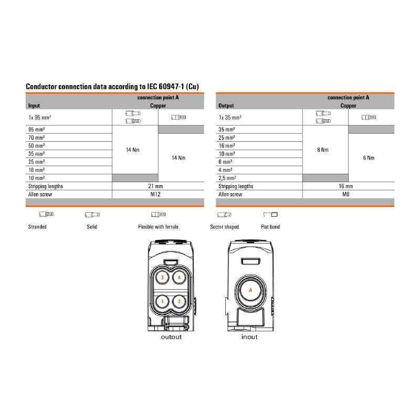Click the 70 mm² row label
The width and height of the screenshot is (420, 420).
(36, 137)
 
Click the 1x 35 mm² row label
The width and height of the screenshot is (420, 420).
(230, 118)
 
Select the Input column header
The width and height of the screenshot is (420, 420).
(34, 106)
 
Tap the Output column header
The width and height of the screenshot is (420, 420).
(226, 106)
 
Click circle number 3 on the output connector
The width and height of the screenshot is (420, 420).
(163, 277)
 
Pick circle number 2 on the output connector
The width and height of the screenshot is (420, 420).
(180, 301)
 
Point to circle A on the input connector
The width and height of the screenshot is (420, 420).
(250, 290)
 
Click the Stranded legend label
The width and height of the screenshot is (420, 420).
(37, 227)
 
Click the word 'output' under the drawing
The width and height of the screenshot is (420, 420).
(171, 337)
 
